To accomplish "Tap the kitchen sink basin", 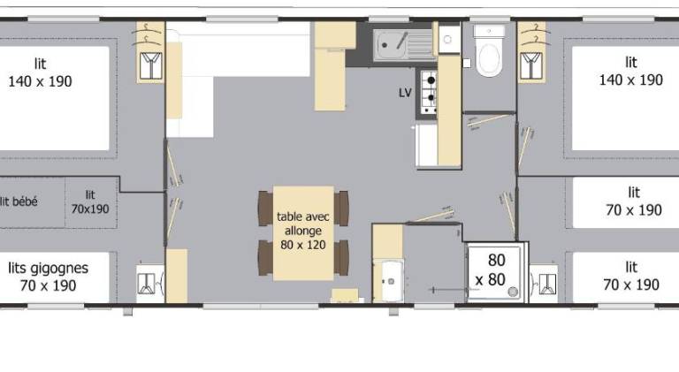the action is [x=390, y=45].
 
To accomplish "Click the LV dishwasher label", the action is [x=405, y=93].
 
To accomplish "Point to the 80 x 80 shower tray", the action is [x=496, y=271].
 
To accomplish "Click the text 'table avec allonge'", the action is [x=302, y=224].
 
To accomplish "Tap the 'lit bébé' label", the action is [x=19, y=201].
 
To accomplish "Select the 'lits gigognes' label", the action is [x=48, y=269].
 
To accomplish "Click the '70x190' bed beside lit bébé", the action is [x=90, y=202].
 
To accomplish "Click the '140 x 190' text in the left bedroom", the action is [x=40, y=81].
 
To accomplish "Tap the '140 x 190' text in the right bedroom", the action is [x=631, y=80].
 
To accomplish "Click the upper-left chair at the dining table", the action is [x=265, y=208].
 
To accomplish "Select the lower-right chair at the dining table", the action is [x=341, y=258].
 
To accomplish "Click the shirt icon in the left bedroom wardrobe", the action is [x=150, y=65].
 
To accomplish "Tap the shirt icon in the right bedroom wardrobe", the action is [x=530, y=65].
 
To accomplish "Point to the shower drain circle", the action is [x=513, y=291].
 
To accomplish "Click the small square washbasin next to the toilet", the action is [x=448, y=40].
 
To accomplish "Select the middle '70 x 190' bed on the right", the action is [x=626, y=202].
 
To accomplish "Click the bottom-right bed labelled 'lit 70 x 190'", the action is [x=626, y=277].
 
